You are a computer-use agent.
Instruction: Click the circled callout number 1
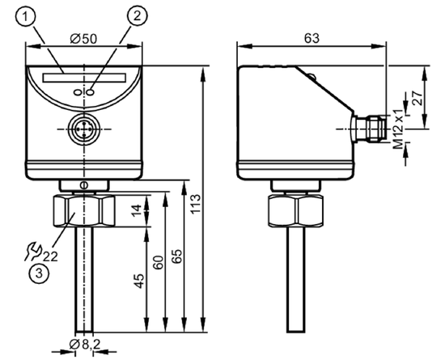(x=26, y=16)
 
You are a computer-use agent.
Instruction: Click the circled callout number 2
(x=138, y=16)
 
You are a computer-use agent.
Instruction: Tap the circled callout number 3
(x=39, y=273)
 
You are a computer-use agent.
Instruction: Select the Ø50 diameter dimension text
(x=83, y=39)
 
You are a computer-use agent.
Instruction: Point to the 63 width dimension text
(x=311, y=38)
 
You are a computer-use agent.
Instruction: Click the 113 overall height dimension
(x=196, y=204)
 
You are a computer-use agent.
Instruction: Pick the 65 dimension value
(x=177, y=256)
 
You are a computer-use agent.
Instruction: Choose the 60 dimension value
(x=158, y=262)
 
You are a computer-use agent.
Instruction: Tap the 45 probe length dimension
(x=139, y=281)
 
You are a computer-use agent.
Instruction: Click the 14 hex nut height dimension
(x=137, y=210)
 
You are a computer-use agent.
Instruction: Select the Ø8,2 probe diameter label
(x=85, y=344)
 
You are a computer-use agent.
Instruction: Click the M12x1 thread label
(x=399, y=129)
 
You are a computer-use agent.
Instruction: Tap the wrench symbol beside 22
(x=33, y=252)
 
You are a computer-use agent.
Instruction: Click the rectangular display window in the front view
(x=84, y=78)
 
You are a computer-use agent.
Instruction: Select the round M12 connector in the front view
(x=84, y=129)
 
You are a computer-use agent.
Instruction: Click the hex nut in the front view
(x=84, y=211)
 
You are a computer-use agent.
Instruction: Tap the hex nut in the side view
(x=295, y=211)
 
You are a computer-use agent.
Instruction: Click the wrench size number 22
(x=50, y=256)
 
